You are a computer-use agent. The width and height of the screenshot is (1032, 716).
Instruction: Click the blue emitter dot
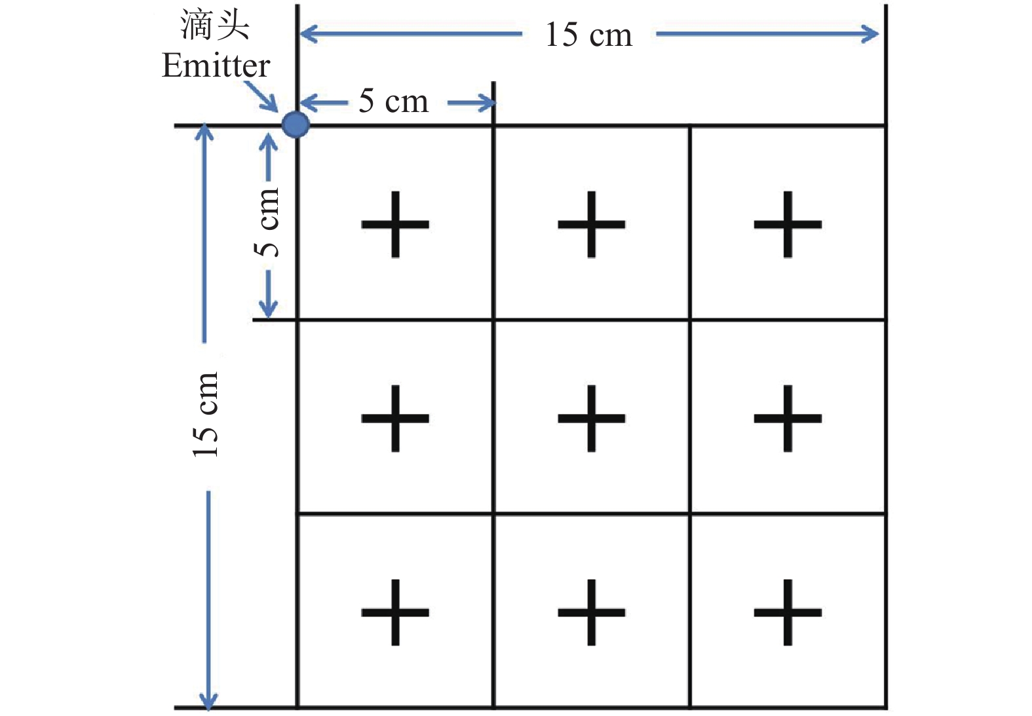[296, 124]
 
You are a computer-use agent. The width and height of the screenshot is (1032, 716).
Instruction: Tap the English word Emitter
[216, 66]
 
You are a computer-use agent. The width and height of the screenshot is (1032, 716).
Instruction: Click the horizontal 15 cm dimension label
[588, 35]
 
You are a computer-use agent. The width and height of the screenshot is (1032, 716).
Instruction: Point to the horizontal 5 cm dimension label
[393, 102]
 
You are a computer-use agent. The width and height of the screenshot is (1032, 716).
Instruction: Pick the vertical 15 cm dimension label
[205, 414]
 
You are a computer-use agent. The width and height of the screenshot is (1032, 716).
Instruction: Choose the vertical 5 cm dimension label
[267, 223]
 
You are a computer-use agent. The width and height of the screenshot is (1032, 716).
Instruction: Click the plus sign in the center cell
[591, 418]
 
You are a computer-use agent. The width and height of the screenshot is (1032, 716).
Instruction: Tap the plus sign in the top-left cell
[395, 224]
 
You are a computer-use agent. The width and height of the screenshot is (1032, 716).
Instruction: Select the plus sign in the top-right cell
[788, 224]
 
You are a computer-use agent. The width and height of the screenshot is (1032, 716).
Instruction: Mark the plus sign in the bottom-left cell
[395, 612]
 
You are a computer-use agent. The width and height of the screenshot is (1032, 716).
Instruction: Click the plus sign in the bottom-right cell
[788, 612]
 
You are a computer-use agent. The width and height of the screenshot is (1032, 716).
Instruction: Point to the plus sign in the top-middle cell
[591, 224]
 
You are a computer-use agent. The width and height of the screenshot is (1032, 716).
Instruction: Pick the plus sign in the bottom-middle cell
[591, 612]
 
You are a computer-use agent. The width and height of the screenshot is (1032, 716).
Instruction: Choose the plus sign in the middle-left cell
[395, 418]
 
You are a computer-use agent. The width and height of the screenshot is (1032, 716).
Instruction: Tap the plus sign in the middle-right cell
[788, 418]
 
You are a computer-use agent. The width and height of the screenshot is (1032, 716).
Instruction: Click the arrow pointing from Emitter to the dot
[262, 97]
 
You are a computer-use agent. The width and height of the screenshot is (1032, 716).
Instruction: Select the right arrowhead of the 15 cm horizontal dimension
[871, 33]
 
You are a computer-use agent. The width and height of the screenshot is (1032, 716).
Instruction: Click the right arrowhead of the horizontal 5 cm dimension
[487, 103]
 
